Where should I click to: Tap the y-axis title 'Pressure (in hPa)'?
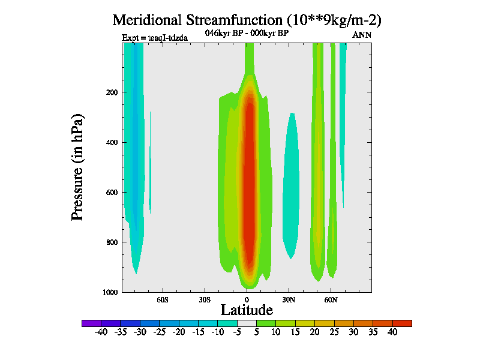[x=77, y=166]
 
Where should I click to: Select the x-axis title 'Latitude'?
[x=247, y=310]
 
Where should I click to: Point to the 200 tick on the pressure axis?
[x=111, y=92]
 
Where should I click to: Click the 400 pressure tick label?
[x=111, y=142]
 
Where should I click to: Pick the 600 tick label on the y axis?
[x=111, y=193]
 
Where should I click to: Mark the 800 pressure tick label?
[x=111, y=242]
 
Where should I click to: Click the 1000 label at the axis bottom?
[x=109, y=292]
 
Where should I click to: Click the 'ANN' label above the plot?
[x=362, y=35]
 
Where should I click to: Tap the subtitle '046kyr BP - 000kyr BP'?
[x=247, y=33]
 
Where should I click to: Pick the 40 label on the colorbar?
[x=392, y=332]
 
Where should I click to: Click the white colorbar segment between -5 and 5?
[x=247, y=323]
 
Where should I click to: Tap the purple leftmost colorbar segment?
[x=91, y=323]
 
